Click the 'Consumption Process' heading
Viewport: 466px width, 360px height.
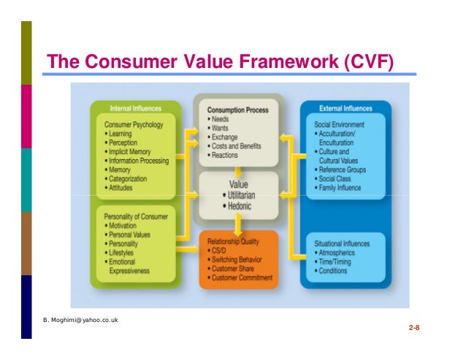(237, 110)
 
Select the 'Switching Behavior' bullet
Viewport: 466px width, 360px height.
(240, 258)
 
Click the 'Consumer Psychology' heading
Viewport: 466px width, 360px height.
(134, 125)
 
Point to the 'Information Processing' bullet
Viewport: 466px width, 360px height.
(139, 161)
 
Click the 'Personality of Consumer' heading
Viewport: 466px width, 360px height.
(137, 218)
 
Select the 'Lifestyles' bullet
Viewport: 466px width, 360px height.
(125, 253)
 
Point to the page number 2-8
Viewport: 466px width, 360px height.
(413, 329)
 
